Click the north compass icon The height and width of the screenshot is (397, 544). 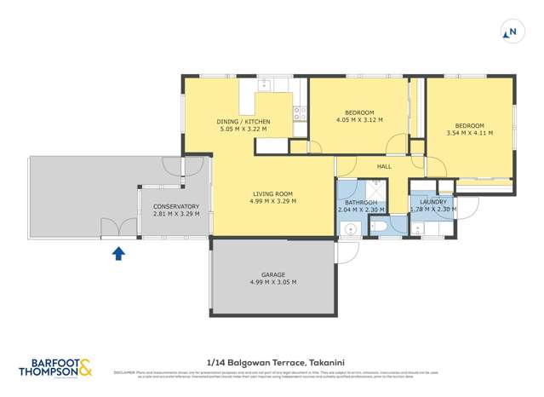(511, 33)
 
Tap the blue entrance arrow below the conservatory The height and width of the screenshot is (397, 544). (118, 252)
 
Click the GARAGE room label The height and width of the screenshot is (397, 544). (272, 274)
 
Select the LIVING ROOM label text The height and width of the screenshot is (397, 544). (272, 193)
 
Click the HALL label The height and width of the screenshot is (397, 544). (384, 166)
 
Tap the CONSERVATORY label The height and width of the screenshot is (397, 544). (176, 206)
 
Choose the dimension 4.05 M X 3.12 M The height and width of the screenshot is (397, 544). (359, 120)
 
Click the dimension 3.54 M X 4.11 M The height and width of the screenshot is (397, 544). (469, 133)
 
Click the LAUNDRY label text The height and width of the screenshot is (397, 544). (433, 201)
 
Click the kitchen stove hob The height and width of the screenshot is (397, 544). (300, 111)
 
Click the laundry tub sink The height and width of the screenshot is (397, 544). (417, 227)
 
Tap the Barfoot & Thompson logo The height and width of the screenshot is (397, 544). (56, 368)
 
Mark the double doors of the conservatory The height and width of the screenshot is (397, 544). (118, 227)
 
